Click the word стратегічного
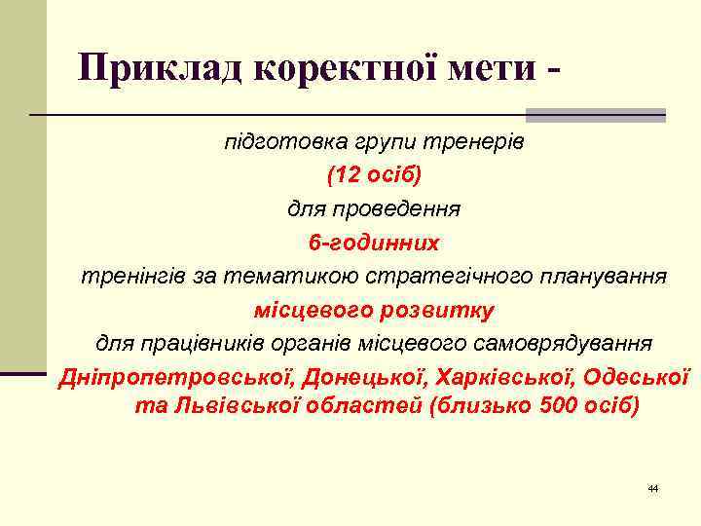click(x=443, y=276)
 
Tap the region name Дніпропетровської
click(x=175, y=376)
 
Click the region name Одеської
click(x=638, y=376)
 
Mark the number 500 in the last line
click(x=556, y=406)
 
